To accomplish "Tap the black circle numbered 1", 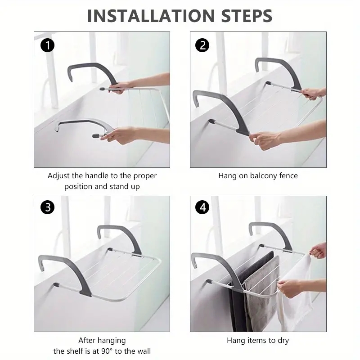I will pos(47,45).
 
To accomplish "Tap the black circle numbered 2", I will pos(202,45).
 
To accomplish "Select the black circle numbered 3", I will pos(47,207).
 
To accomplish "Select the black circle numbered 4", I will pos(202,207).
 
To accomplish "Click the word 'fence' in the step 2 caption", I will pos(288,175).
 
